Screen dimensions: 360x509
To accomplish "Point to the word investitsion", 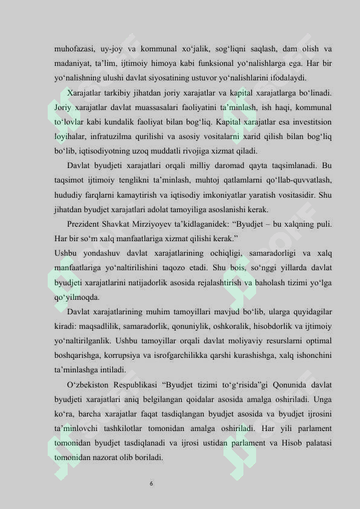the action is [310, 123].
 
